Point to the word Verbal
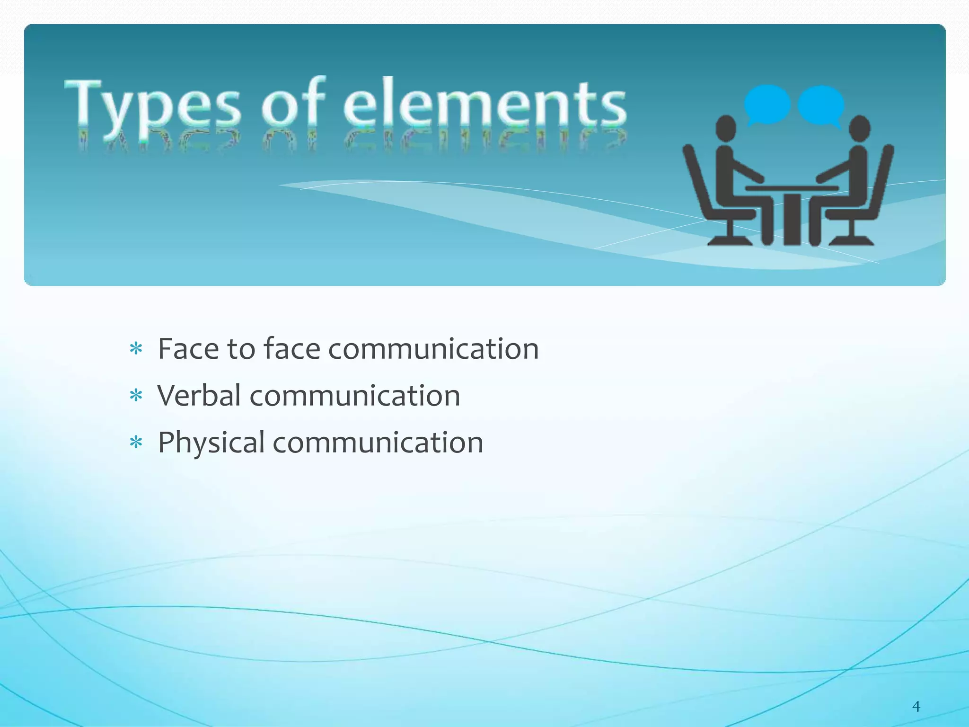pos(199,395)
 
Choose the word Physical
pos(211,443)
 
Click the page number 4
pos(916,707)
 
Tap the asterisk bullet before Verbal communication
pos(136,396)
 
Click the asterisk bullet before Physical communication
pos(136,443)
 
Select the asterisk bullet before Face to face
pos(136,349)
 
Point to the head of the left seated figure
pos(725,129)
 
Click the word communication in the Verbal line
pos(355,395)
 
